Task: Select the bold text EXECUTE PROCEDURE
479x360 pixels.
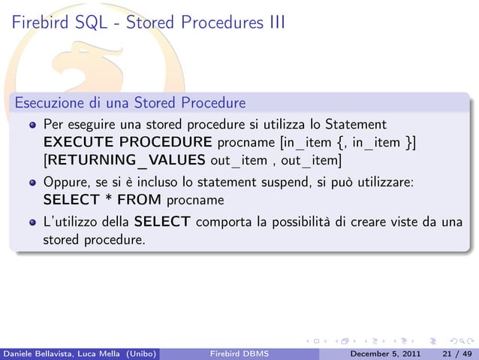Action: point(128,141)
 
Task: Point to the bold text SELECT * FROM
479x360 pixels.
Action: point(102,200)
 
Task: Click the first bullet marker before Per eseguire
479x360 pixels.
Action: point(33,124)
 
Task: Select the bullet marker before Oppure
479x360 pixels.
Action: point(33,183)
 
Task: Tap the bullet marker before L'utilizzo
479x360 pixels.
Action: point(33,222)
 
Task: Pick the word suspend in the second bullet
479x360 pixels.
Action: point(275,181)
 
